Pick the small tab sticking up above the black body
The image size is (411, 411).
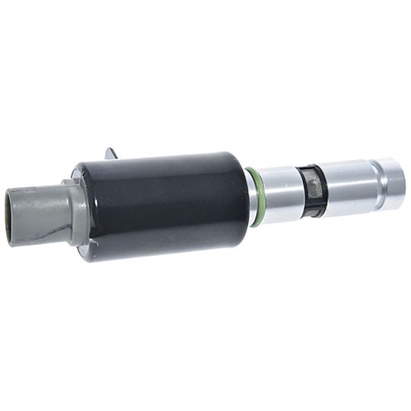pyautogui.click(x=112, y=154)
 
